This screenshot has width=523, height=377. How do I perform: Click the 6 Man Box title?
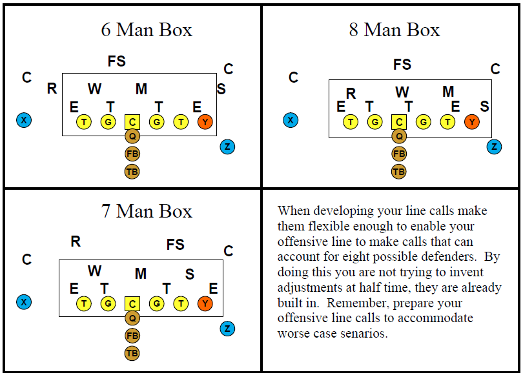[x=147, y=30]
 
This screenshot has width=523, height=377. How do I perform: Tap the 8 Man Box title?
[x=394, y=30]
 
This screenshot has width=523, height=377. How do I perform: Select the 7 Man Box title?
[x=147, y=211]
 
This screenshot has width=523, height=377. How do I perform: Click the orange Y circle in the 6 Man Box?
[x=205, y=121]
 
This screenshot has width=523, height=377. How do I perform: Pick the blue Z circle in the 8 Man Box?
[x=495, y=147]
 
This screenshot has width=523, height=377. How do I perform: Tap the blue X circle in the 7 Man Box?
[x=24, y=301]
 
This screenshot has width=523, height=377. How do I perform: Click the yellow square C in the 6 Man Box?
[x=132, y=121]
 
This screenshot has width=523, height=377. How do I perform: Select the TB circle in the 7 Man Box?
[x=132, y=353]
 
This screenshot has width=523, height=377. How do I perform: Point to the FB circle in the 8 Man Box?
[x=399, y=154]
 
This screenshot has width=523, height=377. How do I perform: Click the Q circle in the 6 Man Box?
[x=132, y=136]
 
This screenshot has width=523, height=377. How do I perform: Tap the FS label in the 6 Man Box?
[x=117, y=62]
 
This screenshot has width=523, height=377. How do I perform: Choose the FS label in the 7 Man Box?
[x=175, y=245]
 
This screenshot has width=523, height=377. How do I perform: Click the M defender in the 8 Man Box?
[x=448, y=92]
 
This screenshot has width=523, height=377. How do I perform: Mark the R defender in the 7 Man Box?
[x=76, y=242]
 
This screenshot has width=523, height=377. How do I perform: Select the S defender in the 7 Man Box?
[x=190, y=274]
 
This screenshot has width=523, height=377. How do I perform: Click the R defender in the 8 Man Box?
[x=351, y=94]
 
